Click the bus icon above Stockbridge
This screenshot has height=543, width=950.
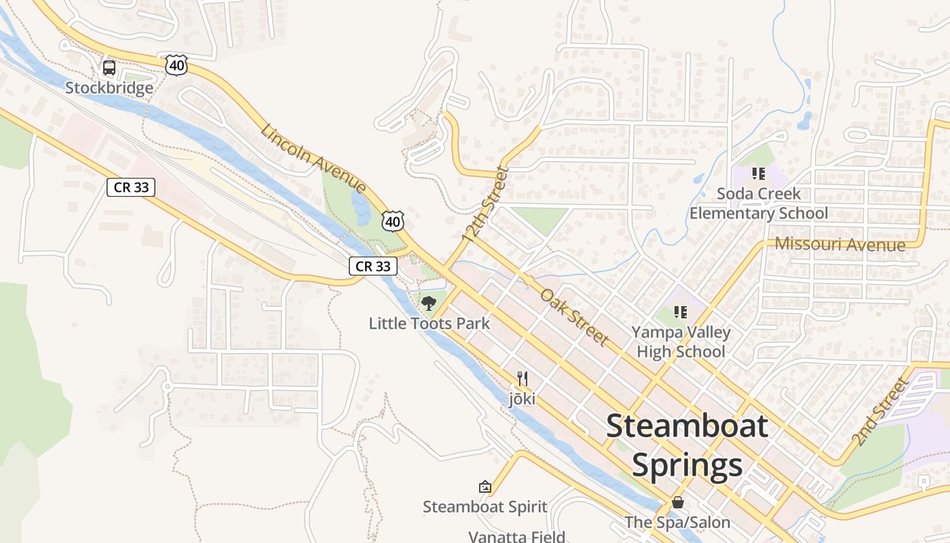click(x=109, y=68)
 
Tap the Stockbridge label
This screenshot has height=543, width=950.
click(x=109, y=88)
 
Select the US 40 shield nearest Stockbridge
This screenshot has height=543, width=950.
click(x=176, y=65)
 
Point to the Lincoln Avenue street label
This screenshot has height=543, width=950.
click(x=313, y=159)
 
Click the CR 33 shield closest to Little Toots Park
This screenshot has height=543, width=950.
click(x=373, y=266)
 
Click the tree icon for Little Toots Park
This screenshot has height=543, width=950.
click(x=428, y=303)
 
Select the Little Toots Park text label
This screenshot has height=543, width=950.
click(x=429, y=323)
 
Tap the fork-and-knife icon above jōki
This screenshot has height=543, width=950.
click(x=522, y=379)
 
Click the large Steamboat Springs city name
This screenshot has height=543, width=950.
click(x=687, y=445)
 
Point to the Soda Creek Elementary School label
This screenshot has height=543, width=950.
click(x=759, y=203)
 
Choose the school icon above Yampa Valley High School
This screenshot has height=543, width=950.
click(x=681, y=312)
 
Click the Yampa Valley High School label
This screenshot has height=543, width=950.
click(x=681, y=341)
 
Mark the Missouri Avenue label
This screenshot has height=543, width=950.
click(x=840, y=244)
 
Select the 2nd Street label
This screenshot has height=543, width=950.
click(x=880, y=412)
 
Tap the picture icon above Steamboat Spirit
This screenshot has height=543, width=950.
click(x=484, y=487)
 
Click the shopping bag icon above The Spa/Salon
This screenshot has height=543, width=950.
click(x=677, y=502)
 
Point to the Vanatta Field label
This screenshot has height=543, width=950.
click(x=516, y=536)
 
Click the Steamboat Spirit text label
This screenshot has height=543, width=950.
click(x=484, y=507)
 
